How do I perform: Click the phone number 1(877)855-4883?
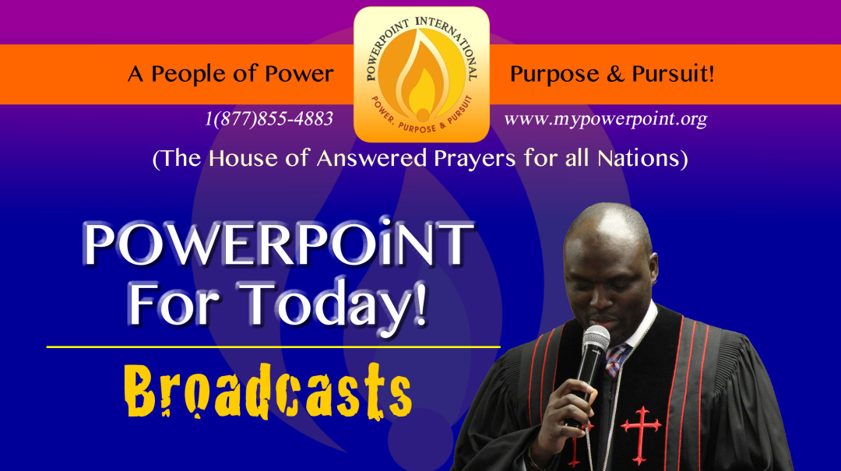click(269, 118)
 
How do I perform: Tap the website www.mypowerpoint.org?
click(606, 118)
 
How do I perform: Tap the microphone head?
click(596, 340)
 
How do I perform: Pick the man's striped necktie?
click(616, 359)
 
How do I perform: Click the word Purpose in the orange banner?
click(554, 74)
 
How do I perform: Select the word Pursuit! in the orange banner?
click(673, 73)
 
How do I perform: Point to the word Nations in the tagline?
click(638, 158)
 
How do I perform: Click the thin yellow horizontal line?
click(273, 347)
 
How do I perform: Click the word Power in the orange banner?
click(299, 74)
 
